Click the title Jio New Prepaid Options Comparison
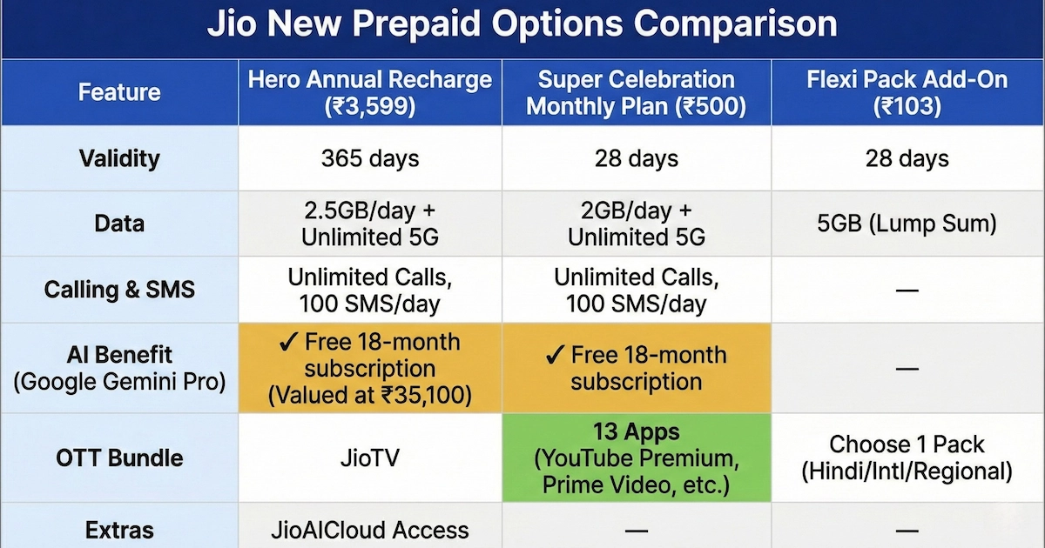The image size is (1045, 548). [x=522, y=23]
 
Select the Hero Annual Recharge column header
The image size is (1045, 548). [x=370, y=92]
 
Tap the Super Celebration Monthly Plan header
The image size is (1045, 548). [x=637, y=92]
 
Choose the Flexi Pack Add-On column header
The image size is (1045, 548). [x=907, y=92]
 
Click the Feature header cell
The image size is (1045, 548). [x=119, y=92]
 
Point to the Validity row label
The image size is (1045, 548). [x=119, y=158]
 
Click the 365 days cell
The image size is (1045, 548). [x=370, y=158]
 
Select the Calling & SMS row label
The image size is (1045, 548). [x=119, y=290]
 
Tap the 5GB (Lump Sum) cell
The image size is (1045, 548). [x=907, y=224]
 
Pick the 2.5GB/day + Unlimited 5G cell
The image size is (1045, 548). [x=370, y=224]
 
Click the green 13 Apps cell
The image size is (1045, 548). [x=637, y=458]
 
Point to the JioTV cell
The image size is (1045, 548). [x=370, y=458]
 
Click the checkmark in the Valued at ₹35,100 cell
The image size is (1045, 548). [x=288, y=343]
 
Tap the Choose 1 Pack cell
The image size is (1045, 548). [x=907, y=458]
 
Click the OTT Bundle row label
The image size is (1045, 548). [x=119, y=458]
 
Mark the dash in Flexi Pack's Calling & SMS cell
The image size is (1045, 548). [x=907, y=290]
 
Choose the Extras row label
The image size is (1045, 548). [x=119, y=530]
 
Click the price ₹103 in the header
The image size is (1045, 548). [x=907, y=106]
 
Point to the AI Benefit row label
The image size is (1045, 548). [x=119, y=368]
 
